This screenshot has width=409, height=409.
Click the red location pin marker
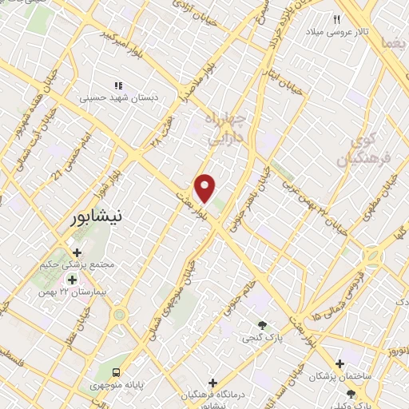pos(205,188)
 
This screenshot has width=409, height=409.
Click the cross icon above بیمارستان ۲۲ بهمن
pos(73,280)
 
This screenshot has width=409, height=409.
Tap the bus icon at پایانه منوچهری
pos(117,371)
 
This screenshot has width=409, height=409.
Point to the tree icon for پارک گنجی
pos(262,324)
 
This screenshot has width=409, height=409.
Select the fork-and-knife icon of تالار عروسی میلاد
pos(337,19)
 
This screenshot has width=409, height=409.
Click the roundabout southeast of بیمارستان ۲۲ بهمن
pos(120,314)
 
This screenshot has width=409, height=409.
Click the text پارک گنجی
pos(262,339)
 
